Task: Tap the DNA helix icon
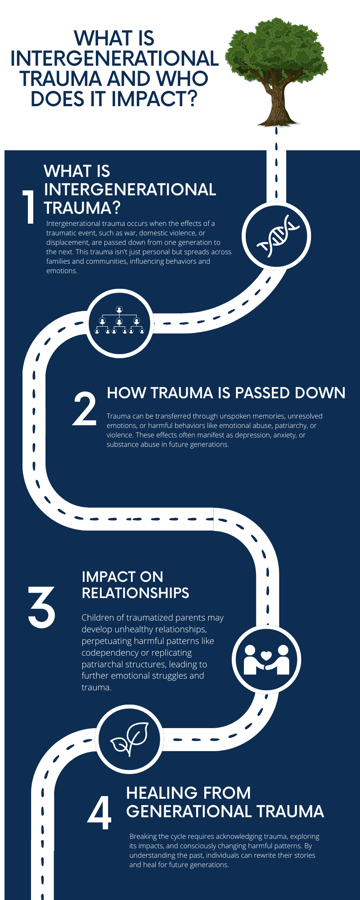click(x=276, y=234)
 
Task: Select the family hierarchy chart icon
click(x=119, y=321)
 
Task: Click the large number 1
click(x=29, y=207)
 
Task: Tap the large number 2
click(x=85, y=408)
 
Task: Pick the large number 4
click(x=99, y=814)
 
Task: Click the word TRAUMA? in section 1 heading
click(x=82, y=208)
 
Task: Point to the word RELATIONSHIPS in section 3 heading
click(x=135, y=593)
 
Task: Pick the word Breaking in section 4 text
click(x=142, y=837)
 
